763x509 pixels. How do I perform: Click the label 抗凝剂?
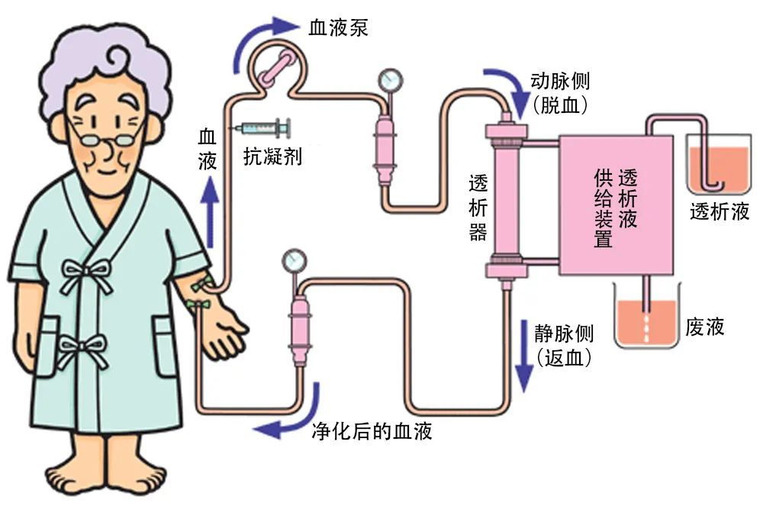click(x=273, y=157)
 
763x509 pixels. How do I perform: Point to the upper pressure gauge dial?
click(x=389, y=79)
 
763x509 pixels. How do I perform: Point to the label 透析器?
click(x=478, y=206)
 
